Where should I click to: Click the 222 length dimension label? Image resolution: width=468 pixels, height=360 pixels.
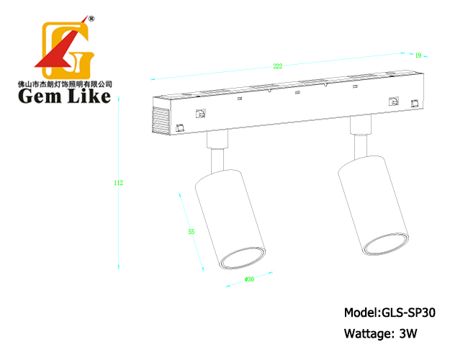coord(278,66)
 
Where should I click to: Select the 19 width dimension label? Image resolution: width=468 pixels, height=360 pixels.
coord(418,55)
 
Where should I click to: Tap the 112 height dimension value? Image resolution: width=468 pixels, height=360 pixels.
coord(119,183)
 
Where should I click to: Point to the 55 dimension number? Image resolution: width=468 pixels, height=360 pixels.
coord(192,231)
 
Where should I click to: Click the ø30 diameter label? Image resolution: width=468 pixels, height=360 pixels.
coord(249,279)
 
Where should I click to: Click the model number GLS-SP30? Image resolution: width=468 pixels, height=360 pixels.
coord(408,312)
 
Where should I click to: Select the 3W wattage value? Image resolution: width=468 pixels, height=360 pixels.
coord(408,333)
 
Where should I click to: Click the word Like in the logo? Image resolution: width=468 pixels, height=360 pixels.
coord(89,96)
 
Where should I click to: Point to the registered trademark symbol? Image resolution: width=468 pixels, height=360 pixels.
coord(91,19)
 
